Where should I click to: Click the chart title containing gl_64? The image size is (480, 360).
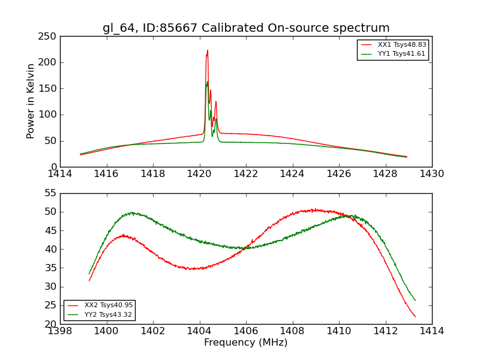pyautogui.click(x=246, y=28)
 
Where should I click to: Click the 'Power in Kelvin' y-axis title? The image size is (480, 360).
pyautogui.click(x=31, y=101)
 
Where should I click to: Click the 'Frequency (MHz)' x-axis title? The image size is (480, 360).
pyautogui.click(x=245, y=343)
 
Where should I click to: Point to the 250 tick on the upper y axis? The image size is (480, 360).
pyautogui.click(x=49, y=36)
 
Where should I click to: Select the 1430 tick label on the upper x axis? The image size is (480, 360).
pyautogui.click(x=431, y=174)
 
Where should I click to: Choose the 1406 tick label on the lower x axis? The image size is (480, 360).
pyautogui.click(x=245, y=331)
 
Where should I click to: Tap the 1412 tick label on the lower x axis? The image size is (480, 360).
pyautogui.click(x=385, y=331)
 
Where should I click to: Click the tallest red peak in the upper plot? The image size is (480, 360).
pyautogui.click(x=208, y=51)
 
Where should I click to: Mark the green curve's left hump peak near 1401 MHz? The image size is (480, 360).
pyautogui.click(x=131, y=212)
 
